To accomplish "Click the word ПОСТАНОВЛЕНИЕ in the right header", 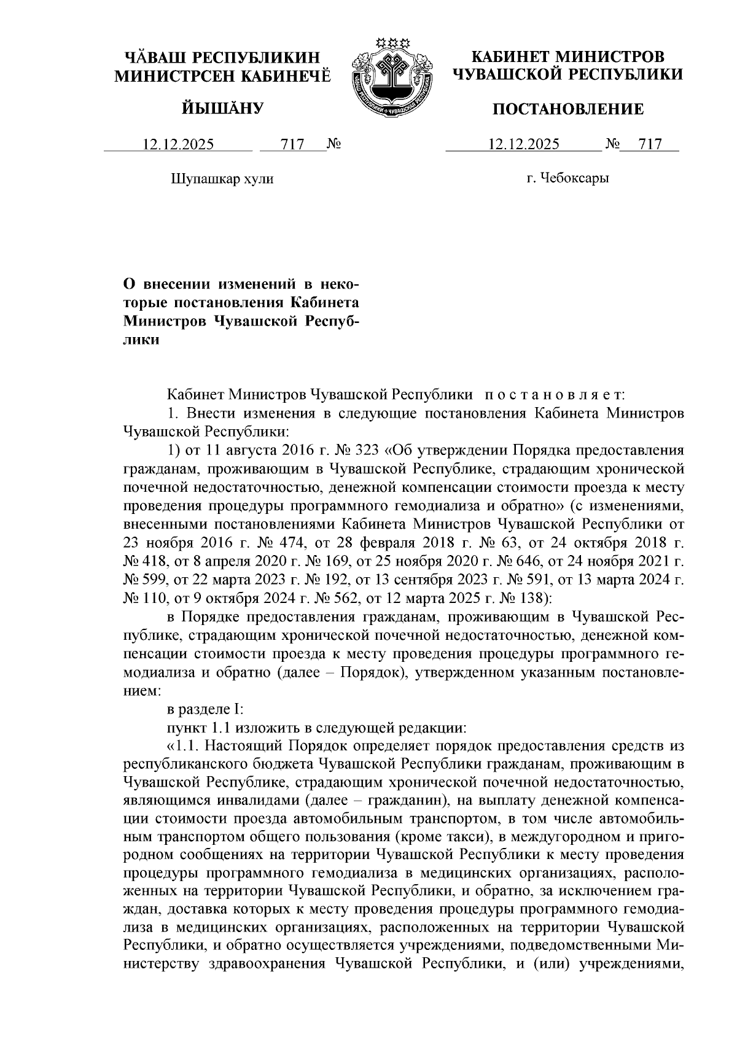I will tap(569, 109).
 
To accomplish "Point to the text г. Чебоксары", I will tap(567, 179).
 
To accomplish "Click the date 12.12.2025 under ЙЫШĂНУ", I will tap(179, 145).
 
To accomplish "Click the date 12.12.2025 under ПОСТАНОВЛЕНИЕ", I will tap(523, 145).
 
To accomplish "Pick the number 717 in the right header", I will tap(650, 145).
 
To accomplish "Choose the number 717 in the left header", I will tap(292, 145).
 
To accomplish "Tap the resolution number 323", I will tap(367, 450).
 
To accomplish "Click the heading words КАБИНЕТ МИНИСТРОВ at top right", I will tap(567, 57).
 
